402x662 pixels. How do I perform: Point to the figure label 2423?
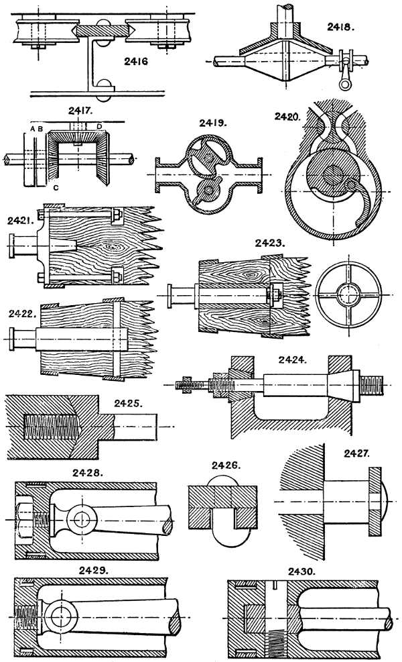pos(270,245)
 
